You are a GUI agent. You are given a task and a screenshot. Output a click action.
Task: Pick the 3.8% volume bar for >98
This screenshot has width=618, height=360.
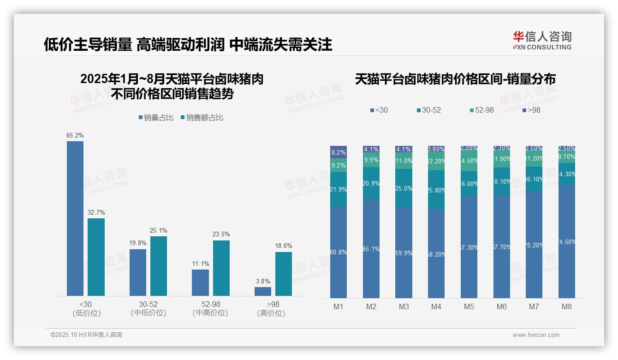click(263, 291)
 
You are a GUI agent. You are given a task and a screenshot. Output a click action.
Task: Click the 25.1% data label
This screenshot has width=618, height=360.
click(159, 230)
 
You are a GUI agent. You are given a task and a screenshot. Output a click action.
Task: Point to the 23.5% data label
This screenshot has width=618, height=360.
click(221, 234)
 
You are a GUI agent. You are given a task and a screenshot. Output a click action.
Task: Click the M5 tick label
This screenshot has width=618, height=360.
click(469, 306)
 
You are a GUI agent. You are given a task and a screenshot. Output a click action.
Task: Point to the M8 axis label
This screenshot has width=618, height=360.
click(567, 306)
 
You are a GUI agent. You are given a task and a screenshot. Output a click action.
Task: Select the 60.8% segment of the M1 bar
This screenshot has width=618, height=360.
click(339, 252)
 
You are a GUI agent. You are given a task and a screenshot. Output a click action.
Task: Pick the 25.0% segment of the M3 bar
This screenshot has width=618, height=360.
click(404, 188)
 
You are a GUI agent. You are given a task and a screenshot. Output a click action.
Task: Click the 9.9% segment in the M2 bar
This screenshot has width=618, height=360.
click(371, 160)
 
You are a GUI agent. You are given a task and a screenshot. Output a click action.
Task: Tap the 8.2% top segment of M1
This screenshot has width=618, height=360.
click(339, 152)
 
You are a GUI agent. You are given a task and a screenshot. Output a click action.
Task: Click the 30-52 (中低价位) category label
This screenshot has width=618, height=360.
click(148, 308)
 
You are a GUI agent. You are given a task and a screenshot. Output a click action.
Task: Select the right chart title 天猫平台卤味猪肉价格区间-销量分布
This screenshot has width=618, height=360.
click(455, 79)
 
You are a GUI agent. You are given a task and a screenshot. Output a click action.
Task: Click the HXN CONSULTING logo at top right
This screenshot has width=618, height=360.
click(542, 40)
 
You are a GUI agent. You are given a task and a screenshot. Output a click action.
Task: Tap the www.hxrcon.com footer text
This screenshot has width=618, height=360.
click(536, 335)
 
